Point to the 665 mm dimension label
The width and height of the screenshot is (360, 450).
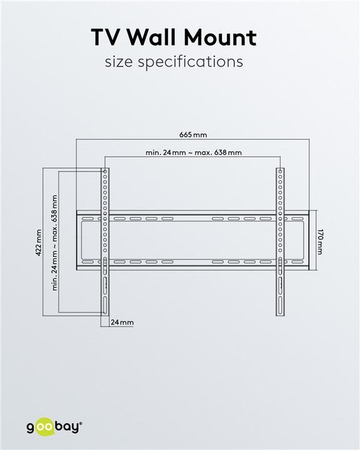pos(192,134)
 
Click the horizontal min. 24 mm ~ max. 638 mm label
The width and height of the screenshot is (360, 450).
pos(193,152)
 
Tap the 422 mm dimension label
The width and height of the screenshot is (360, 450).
pos(38,242)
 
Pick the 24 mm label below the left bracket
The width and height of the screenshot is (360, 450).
pos(122,322)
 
